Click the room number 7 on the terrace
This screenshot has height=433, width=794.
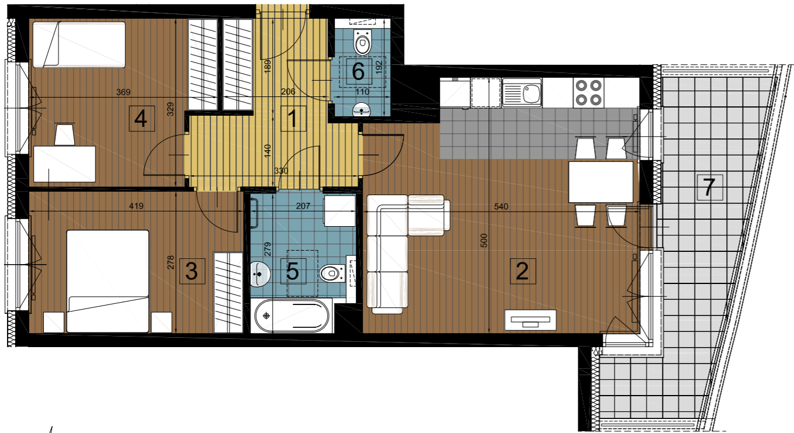tap(709, 187)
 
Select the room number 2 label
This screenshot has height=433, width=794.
tap(522, 271)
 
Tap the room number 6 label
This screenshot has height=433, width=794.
tap(358, 71)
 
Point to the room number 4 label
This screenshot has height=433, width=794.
tap(141, 119)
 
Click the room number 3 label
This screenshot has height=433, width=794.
tap(192, 271)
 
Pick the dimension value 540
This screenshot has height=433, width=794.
tap(501, 206)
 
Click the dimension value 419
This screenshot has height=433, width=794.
tap(136, 206)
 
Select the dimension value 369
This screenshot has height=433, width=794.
tap(123, 92)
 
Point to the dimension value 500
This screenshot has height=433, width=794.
tap(484, 240)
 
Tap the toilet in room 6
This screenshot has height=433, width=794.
tap(362, 42)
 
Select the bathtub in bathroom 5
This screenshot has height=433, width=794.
tap(292, 316)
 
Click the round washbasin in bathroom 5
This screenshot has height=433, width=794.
tap(260, 274)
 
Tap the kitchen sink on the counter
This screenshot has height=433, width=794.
tap(522, 92)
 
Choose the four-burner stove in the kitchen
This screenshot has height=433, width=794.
tap(588, 92)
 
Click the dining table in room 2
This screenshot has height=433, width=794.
tap(601, 182)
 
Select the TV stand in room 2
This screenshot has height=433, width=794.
tap(531, 320)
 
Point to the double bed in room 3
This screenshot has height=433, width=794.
tap(108, 281)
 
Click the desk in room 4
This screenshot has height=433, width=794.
tap(64, 164)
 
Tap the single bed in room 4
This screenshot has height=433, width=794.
tap(79, 44)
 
